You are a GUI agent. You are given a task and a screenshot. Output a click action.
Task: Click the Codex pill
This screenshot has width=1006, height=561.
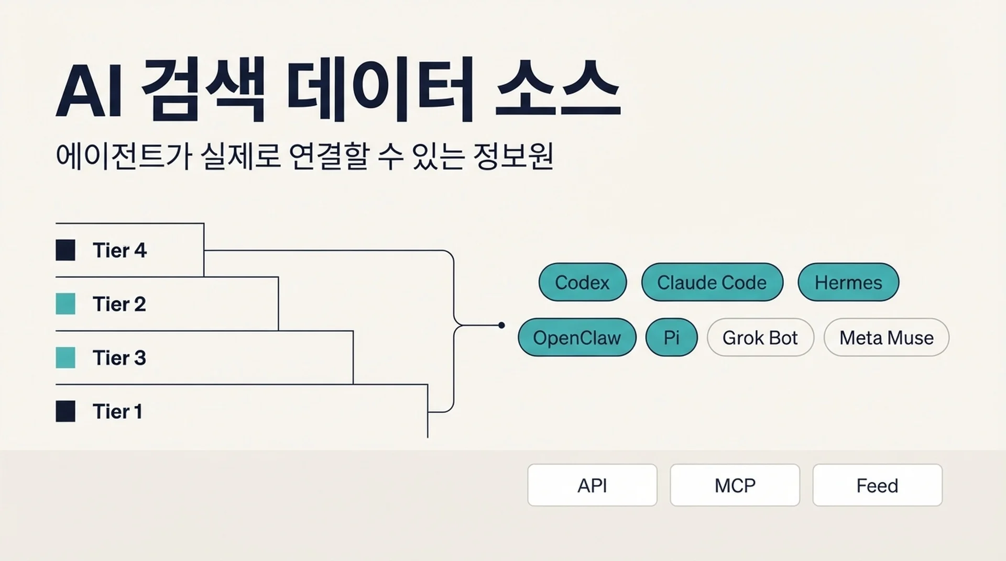tap(582, 282)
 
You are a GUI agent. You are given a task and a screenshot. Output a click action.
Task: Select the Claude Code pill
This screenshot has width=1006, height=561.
tap(712, 282)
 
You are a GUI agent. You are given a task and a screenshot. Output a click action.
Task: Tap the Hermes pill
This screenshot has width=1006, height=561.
tap(848, 282)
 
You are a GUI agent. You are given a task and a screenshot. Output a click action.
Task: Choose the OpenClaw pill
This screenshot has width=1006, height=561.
tap(577, 338)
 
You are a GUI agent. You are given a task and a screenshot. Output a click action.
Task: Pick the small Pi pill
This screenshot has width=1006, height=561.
tap(671, 338)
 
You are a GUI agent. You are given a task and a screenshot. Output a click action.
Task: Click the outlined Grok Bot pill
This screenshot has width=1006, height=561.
tap(760, 338)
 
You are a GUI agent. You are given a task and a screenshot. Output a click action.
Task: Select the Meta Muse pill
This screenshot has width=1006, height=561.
tap(887, 338)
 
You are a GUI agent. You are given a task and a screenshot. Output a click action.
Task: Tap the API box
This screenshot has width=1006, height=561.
tap(592, 485)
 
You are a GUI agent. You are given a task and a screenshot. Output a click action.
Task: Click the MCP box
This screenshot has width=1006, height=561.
tap(735, 485)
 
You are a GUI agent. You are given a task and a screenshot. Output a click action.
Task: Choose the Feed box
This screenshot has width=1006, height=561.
tap(877, 485)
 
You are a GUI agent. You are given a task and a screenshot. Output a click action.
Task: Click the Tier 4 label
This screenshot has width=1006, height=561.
tap(120, 250)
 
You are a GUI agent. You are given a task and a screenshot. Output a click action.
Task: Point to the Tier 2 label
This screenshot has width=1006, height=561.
tap(119, 304)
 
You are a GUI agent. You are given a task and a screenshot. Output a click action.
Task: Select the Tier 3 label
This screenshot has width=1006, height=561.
tap(119, 358)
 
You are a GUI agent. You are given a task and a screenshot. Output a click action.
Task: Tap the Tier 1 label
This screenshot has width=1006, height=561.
tap(117, 411)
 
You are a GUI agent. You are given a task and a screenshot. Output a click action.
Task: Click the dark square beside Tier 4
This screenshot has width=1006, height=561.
tap(65, 250)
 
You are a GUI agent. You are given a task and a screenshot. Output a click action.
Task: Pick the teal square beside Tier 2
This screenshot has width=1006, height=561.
tap(65, 304)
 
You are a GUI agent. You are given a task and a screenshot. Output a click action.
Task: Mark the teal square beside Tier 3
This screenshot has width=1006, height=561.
tap(65, 358)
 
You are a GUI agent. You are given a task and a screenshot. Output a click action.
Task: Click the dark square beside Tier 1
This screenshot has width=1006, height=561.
tap(65, 411)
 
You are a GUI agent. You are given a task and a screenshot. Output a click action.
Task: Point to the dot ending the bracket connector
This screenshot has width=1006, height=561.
tap(501, 325)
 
